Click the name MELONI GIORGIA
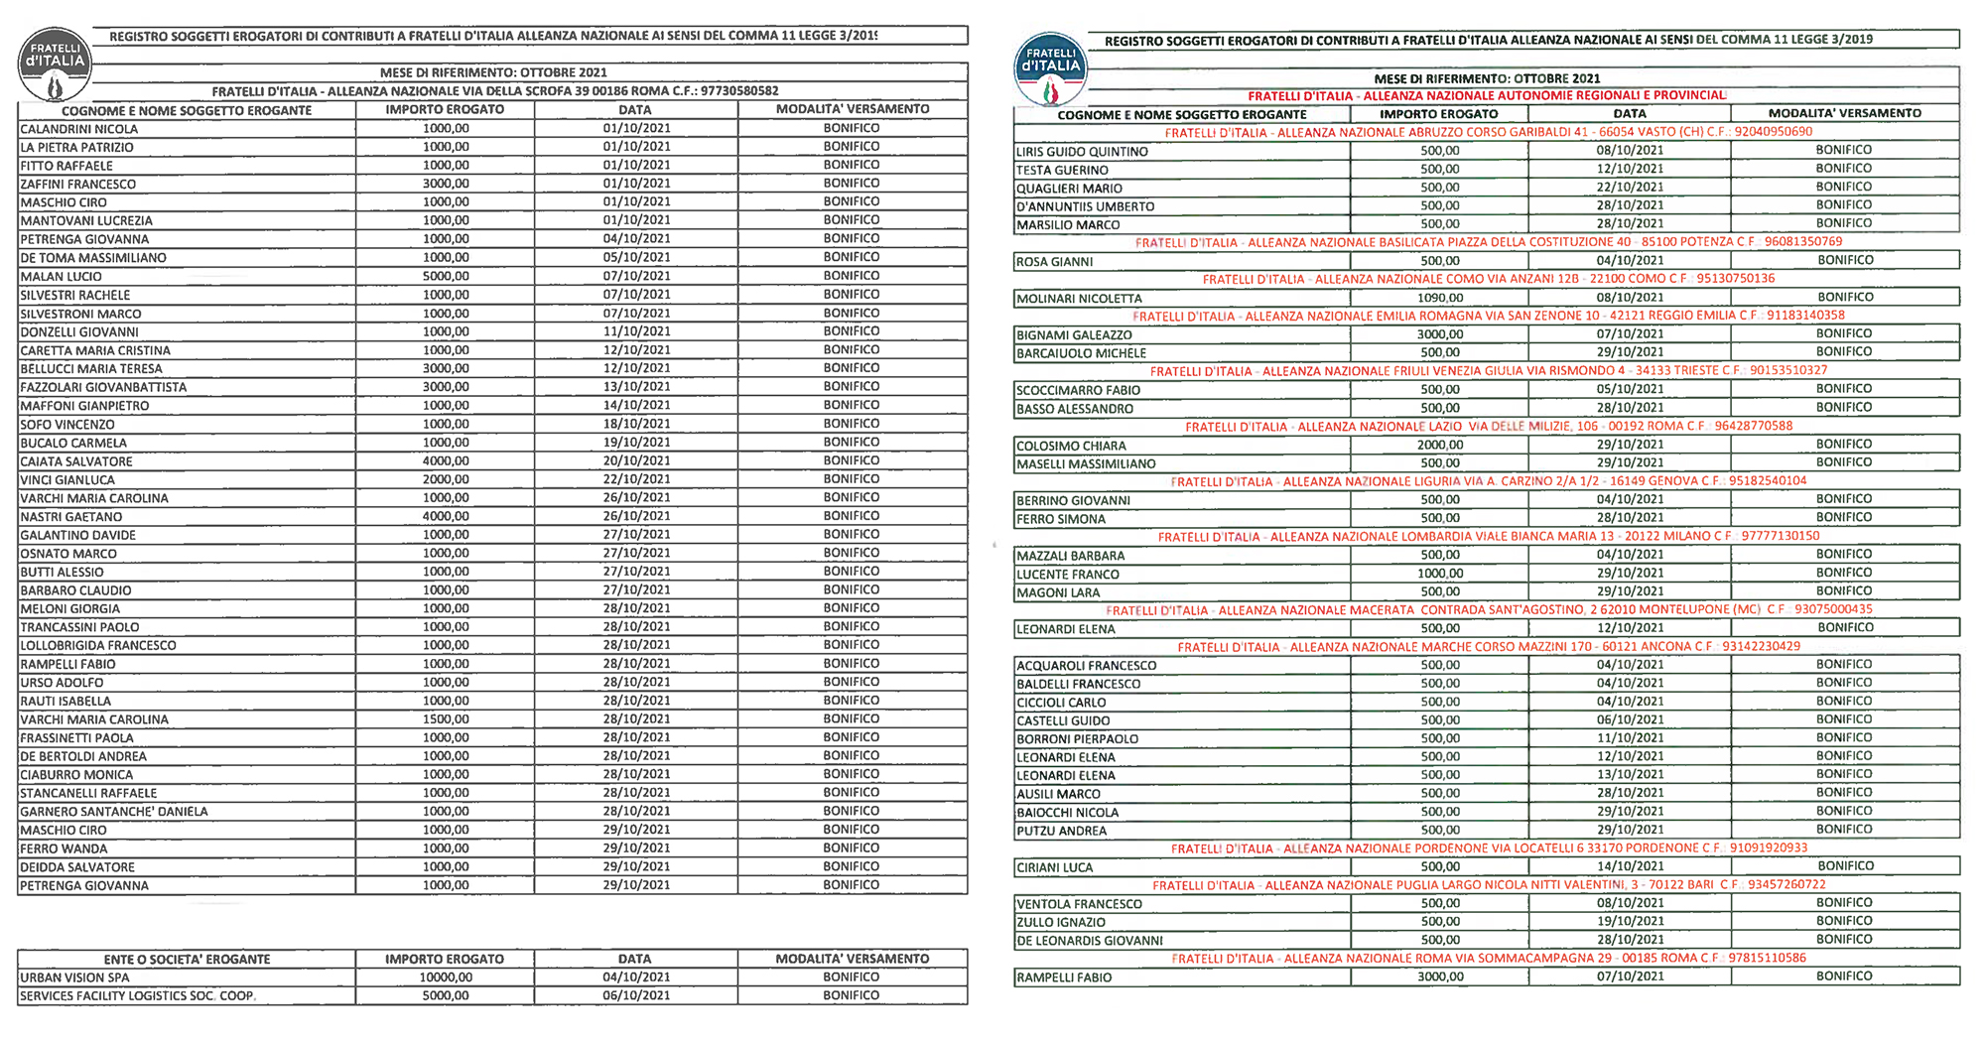[x=70, y=609]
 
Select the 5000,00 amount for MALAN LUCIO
[x=446, y=276]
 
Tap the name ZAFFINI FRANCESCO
[x=78, y=185]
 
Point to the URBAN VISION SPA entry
[x=75, y=977]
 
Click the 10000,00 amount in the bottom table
[x=446, y=977]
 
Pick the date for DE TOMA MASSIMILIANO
[x=636, y=257]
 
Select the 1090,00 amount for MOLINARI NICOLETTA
[x=1440, y=298]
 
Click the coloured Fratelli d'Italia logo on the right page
[x=1051, y=69]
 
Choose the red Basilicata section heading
[x=1488, y=242]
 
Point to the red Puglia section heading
[x=1488, y=885]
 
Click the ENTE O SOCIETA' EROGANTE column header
[x=187, y=960]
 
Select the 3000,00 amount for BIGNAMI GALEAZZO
[x=1440, y=334]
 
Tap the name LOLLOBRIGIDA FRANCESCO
[x=98, y=646]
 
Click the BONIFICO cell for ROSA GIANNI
[x=1845, y=260]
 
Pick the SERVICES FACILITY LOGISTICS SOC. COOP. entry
[x=138, y=996]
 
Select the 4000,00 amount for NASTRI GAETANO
[x=446, y=516]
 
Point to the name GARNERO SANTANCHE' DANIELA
[x=114, y=812]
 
